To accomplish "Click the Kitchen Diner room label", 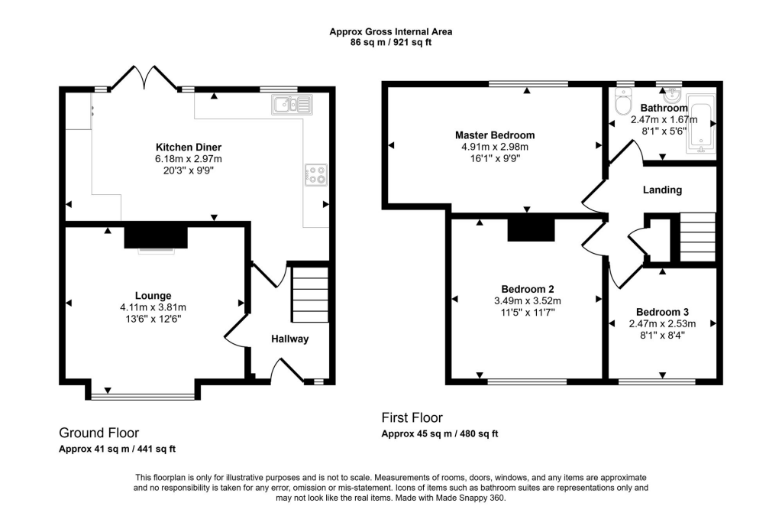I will (189, 147).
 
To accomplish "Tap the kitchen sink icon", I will (291, 104).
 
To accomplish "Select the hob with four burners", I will (315, 175).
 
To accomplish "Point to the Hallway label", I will (289, 339).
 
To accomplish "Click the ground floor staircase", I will (309, 294).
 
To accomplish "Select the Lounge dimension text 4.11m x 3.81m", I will (153, 307).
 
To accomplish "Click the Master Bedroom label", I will (494, 135).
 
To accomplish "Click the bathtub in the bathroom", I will (701, 125).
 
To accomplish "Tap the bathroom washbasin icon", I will (672, 96).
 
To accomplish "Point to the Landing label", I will (661, 190).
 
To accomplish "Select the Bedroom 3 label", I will (662, 312).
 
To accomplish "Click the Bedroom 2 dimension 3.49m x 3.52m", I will (528, 300).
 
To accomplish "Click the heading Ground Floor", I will (99, 433).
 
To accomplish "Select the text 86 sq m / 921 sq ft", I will (390, 43).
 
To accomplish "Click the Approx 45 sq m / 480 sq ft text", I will (440, 433).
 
